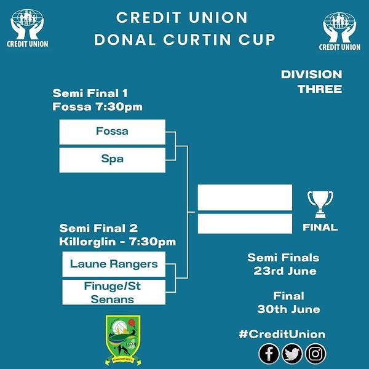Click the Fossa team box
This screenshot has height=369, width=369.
[113, 132]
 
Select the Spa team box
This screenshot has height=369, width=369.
[113, 160]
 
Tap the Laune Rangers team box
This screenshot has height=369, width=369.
[114, 264]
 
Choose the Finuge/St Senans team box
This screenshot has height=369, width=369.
[114, 292]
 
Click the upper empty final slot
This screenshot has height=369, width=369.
[245, 197]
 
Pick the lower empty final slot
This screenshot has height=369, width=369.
[245, 224]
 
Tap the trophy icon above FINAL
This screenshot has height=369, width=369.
[320, 204]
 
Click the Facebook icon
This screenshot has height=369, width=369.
[269, 354]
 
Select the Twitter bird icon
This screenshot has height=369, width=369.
[292, 354]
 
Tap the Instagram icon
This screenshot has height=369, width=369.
[315, 354]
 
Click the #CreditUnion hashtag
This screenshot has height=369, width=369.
[282, 335]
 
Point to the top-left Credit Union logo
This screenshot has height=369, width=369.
[27, 28]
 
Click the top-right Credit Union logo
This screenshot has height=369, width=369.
[339, 31]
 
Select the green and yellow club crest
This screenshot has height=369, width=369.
[123, 340]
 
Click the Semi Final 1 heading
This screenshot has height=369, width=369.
[90, 93]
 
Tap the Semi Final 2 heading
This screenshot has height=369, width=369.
[98, 228]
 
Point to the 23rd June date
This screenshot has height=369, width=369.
[285, 271]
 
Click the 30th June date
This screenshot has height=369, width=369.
[288, 309]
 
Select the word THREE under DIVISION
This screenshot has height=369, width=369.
[320, 89]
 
